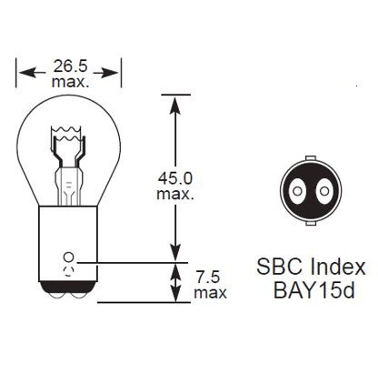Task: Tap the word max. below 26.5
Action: point(70,83)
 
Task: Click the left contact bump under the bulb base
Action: point(56,297)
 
